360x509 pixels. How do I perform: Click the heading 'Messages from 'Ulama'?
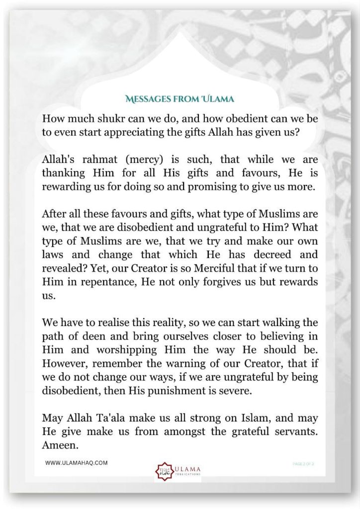(x=180, y=99)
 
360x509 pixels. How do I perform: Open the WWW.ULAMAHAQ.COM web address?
(x=77, y=463)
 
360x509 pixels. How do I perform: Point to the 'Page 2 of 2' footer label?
(x=303, y=463)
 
